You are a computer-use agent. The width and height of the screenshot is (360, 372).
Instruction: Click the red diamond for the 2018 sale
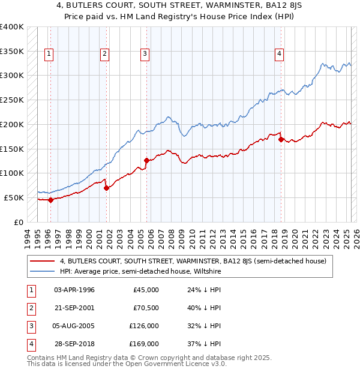tap(281, 139)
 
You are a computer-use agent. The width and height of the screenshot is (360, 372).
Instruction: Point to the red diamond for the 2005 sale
tap(146, 160)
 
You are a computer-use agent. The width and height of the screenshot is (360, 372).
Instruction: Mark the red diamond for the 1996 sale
tap(50, 200)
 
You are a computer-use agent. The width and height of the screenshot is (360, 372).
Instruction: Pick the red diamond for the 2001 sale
tap(107, 188)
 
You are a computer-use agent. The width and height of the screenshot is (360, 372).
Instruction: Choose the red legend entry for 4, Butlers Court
tap(193, 261)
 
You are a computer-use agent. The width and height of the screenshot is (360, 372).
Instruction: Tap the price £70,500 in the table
tap(146, 308)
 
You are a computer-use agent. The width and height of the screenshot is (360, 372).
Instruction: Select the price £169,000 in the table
tap(144, 344)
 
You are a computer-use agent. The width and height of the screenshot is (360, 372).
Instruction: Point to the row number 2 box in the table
tap(30, 308)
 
